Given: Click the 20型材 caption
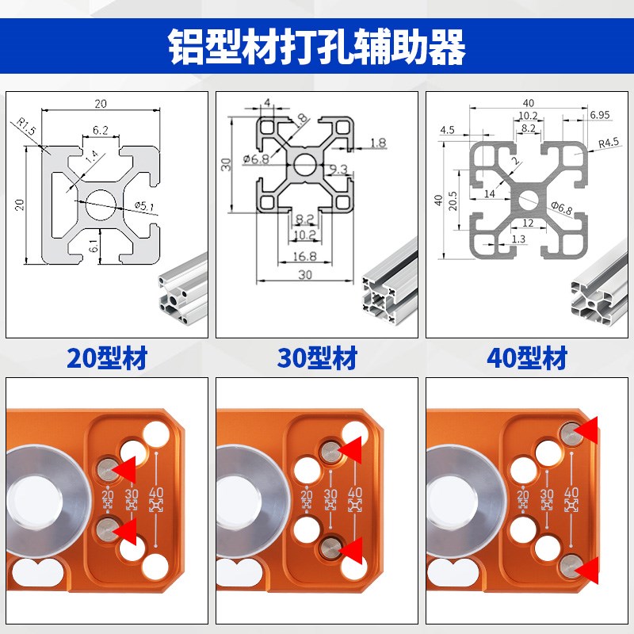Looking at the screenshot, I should click(x=108, y=358).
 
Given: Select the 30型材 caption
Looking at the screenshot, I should click(x=317, y=358).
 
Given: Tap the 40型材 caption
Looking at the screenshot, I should click(x=527, y=358).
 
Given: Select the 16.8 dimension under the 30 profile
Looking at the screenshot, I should click(x=305, y=256).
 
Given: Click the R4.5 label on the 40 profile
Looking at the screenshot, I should click(x=609, y=143).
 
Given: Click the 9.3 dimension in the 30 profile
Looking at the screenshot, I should click(x=338, y=169).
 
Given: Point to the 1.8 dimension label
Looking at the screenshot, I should click(x=378, y=143).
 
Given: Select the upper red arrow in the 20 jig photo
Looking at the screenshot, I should click(x=124, y=470).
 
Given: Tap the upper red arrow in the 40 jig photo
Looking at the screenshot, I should click(x=588, y=430).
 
